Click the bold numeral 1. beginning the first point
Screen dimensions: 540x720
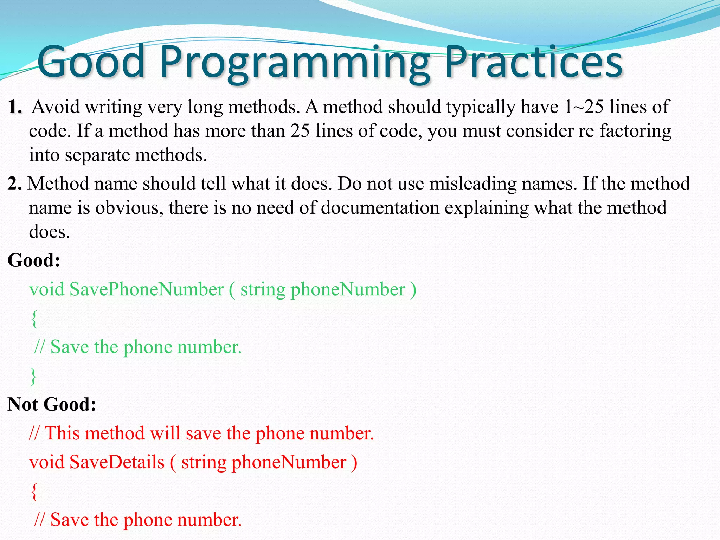tap(15, 107)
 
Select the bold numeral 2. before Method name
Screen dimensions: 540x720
tap(14, 184)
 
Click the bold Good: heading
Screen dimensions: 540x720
tap(34, 261)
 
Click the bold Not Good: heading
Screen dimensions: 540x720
tap(52, 404)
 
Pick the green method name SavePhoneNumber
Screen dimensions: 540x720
tap(146, 290)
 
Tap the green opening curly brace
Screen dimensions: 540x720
tap(34, 319)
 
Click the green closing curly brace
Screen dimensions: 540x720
tap(33, 377)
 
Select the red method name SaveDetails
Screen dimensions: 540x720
tap(117, 462)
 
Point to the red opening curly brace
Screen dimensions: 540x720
tap(34, 491)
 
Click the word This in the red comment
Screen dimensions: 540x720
tap(65, 433)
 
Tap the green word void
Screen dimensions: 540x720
tap(47, 290)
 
